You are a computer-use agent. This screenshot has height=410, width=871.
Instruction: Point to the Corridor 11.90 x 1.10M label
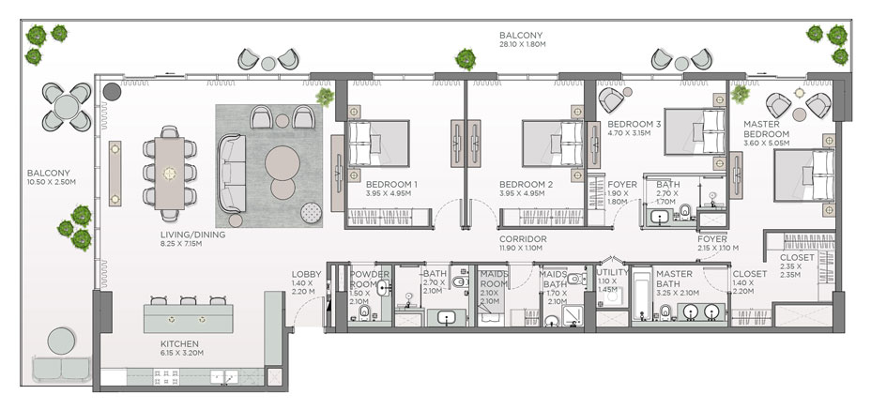coord(522,243)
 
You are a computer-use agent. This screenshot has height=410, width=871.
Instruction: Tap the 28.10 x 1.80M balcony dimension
coord(522,44)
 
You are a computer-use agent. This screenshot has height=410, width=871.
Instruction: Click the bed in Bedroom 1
coord(378,144)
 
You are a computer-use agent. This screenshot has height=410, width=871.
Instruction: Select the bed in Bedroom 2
coord(553,144)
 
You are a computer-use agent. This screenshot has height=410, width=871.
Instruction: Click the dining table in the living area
coord(170,174)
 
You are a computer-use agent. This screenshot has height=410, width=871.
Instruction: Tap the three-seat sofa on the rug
coord(232,173)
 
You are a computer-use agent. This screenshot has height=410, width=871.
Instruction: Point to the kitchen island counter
coord(189,318)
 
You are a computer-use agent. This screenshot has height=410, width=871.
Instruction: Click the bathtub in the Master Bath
coord(642,295)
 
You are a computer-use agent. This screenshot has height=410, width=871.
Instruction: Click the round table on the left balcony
coord(66,107)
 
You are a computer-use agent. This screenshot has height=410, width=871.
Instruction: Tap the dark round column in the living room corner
coord(113,92)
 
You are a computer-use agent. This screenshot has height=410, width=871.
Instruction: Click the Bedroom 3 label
coord(634,129)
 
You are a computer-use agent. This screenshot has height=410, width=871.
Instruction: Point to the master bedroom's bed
coord(804,176)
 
